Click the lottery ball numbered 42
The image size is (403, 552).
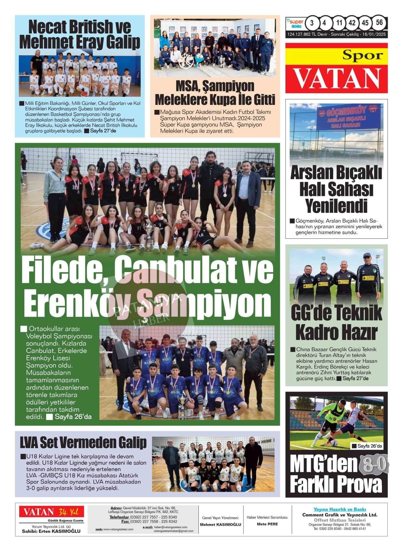[352, 23]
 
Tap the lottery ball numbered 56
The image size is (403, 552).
[379, 23]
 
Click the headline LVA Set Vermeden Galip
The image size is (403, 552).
[83, 442]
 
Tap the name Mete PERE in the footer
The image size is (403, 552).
[267, 524]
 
